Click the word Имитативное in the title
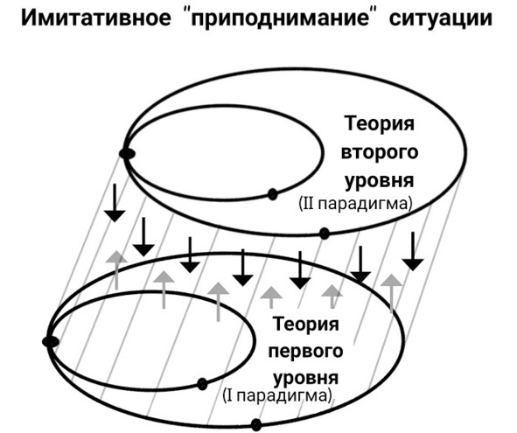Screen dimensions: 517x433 coord(96,17)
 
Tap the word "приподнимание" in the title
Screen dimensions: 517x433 coord(280,19)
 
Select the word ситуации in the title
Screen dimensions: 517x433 coord(441,19)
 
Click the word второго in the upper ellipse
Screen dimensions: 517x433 coord(379,152)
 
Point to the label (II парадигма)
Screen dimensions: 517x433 coord(355,204)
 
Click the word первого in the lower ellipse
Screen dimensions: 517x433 coord(305,351)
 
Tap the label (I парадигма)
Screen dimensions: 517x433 coord(277,395)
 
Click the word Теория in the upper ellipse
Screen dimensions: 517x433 coord(379,123)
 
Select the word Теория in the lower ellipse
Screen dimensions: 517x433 coord(306,324)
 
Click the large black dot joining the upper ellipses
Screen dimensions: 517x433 coord(127,153)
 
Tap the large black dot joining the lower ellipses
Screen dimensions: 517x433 coord(51,342)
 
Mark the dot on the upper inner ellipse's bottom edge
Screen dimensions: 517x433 coord(272,194)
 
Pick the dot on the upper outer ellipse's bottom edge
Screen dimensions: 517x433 coord(325,234)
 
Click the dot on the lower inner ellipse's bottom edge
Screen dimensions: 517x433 coord(202,384)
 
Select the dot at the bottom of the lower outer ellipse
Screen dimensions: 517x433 coord(256,424)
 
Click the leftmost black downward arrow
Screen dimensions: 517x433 coord(115,203)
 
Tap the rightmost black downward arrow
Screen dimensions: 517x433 coord(413,251)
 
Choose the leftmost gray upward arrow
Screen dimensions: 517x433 coord(116,269)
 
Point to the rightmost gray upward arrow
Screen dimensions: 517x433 coord(391,293)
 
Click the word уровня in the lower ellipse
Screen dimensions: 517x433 coord(306,378)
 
